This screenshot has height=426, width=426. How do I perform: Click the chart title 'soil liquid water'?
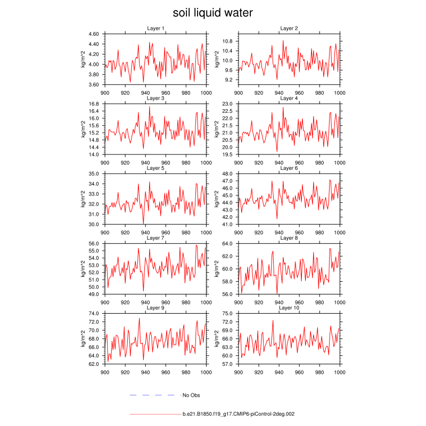213,12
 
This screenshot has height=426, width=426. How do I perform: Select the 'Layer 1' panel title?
155,28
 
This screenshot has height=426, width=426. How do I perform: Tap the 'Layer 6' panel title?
289,168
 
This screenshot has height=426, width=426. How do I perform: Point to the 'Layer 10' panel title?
289,308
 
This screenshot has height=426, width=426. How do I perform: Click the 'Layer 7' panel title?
155,238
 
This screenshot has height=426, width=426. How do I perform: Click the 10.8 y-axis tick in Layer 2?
228,41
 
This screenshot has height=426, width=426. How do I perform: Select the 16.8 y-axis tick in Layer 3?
94,104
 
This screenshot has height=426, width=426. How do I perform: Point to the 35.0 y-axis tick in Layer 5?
94,174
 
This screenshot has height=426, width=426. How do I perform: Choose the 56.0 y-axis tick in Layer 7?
94,243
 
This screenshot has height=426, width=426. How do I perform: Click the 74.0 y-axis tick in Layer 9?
94,314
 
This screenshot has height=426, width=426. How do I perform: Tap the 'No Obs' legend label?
191,395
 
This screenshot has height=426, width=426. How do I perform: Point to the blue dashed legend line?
152,395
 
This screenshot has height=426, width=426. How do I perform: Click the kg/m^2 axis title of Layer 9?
83,339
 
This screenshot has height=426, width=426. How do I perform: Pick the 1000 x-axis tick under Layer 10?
339,372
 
